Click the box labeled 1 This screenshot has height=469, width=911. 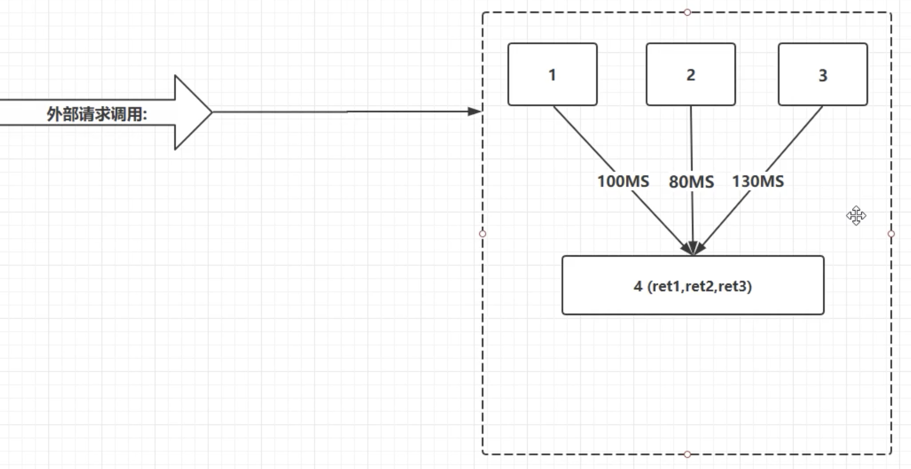point(552,75)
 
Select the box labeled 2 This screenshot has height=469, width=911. point(691,75)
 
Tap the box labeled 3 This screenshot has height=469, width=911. point(823,75)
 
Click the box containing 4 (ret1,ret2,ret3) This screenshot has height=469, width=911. point(693,285)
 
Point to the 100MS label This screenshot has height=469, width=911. point(623,181)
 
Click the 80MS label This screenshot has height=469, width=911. point(691,182)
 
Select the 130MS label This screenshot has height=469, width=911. point(758,181)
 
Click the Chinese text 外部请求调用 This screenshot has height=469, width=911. point(96,114)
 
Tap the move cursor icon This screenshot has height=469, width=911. point(856,216)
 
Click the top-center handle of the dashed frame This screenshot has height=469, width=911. point(687,12)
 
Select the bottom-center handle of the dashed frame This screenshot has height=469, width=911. point(687,454)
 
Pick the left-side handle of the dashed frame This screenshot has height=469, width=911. point(483,233)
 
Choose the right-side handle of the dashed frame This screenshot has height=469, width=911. point(891,233)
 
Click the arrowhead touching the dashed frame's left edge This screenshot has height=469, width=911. point(475,111)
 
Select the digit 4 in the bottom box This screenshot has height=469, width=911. point(638,286)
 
